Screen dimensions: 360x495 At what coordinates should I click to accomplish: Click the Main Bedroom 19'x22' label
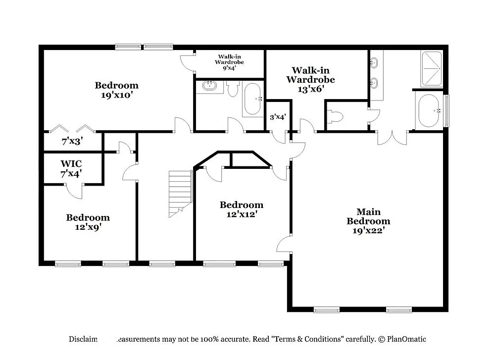[368, 221]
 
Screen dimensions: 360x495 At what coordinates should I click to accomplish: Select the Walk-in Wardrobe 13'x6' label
[310, 79]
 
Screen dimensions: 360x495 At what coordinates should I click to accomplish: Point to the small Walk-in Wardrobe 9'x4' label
[228, 62]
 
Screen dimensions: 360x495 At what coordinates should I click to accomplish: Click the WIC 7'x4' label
[71, 168]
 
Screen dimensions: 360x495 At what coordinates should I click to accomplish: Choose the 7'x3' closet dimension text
[72, 141]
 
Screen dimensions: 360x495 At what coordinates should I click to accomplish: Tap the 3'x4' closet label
[278, 117]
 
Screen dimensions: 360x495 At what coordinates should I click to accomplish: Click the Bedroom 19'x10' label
[117, 90]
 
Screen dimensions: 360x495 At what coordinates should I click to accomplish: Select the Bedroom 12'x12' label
[242, 209]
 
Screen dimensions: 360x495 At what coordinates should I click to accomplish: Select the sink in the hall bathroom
[209, 86]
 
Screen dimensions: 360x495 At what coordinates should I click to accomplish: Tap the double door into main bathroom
[392, 137]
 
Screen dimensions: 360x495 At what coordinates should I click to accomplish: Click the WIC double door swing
[75, 191]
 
